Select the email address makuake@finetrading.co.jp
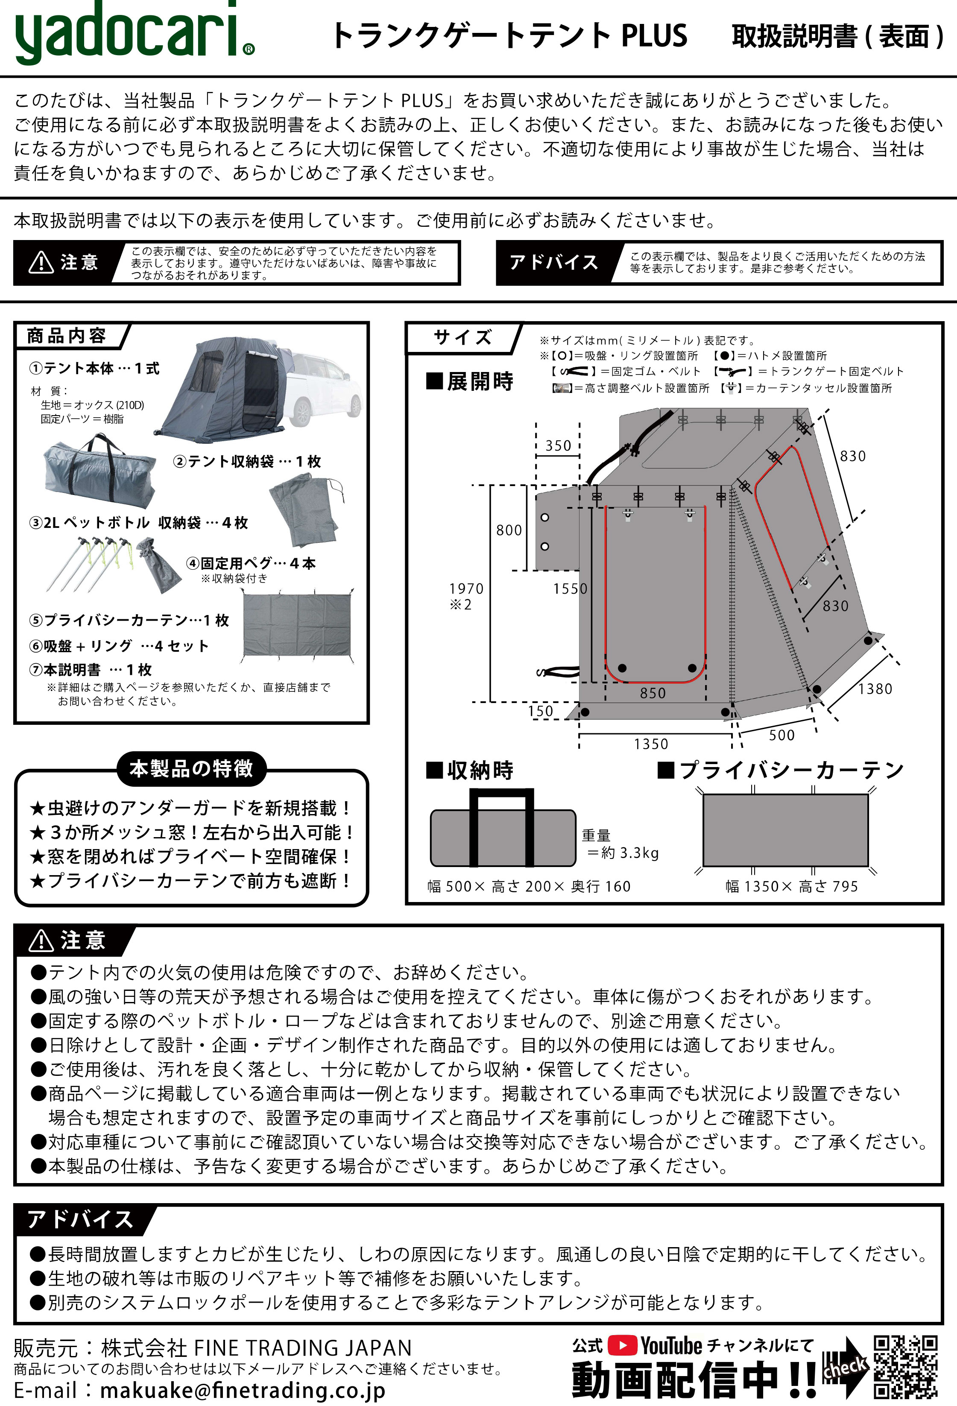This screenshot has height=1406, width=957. [242, 1390]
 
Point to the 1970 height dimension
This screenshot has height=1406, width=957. [466, 589]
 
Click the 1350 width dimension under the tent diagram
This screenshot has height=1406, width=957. [651, 744]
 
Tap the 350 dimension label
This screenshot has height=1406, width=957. [558, 446]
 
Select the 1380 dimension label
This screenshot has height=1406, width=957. [875, 688]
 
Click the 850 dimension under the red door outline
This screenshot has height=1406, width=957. [653, 693]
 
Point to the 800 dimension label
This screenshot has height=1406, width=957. [509, 530]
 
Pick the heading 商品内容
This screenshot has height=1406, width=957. [67, 336]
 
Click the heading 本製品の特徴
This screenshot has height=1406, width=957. [191, 768]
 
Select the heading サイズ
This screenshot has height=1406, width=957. [463, 337]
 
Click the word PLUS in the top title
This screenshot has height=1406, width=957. [655, 36]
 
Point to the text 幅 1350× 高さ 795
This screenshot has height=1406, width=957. [791, 886]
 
